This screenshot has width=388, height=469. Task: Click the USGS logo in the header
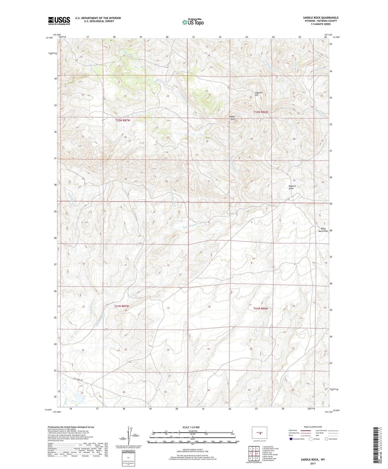pos(59,21)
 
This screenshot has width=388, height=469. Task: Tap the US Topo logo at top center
pos(193,22)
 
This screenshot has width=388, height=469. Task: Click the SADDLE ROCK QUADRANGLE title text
pos(321,18)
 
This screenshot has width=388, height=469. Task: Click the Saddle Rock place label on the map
pos(232,118)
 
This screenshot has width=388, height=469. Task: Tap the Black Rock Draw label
pos(323,230)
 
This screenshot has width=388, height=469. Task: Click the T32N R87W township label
pos(123,120)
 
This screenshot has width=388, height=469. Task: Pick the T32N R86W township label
pos(261,112)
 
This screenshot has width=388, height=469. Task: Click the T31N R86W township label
pos(260,308)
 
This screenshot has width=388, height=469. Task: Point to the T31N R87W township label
pos(122,306)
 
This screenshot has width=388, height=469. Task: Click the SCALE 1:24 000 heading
pos(191,427)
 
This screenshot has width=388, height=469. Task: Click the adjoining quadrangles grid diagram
pos(254,454)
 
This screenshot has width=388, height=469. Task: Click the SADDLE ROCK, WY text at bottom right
pos(313,460)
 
